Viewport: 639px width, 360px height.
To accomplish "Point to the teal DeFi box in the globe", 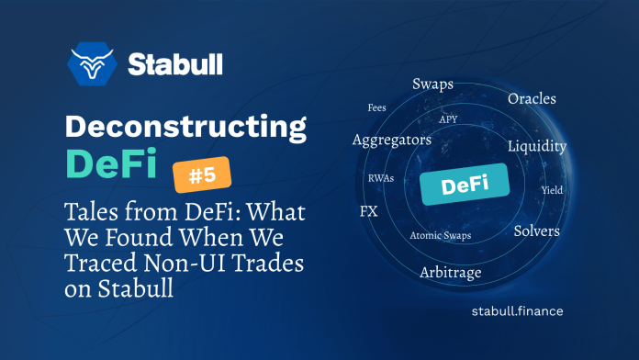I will (465, 185).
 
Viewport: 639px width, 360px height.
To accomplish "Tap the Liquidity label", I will (537, 146).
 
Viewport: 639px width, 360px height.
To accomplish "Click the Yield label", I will (553, 190).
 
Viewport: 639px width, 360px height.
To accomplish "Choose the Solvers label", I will (536, 231).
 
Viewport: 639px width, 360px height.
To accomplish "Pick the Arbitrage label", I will (450, 272).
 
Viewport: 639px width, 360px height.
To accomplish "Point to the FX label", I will (369, 211).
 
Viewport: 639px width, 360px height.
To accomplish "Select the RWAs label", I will (380, 177).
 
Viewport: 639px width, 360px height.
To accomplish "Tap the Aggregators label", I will (392, 140).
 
